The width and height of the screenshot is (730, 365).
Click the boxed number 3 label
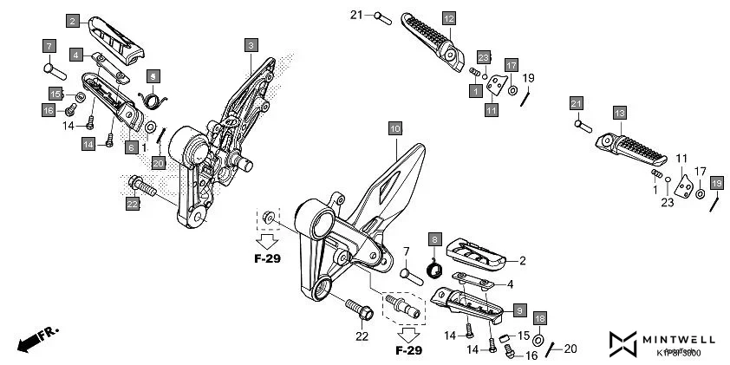click(x=251, y=44)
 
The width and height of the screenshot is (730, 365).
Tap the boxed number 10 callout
click(x=394, y=129)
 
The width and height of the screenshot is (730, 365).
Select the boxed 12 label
click(x=448, y=17)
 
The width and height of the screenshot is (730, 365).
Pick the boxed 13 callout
click(x=618, y=114)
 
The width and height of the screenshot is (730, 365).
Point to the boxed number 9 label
click(x=519, y=309)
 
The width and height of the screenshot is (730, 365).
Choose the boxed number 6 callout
click(x=132, y=147)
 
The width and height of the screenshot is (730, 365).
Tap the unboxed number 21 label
click(x=356, y=15)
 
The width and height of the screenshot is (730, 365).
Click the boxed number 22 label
click(x=132, y=204)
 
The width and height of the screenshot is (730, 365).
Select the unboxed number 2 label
click(x=523, y=259)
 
